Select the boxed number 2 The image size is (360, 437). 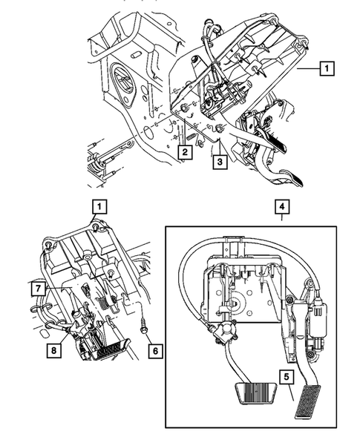click(183, 153)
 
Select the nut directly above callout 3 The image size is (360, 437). click(220, 131)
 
